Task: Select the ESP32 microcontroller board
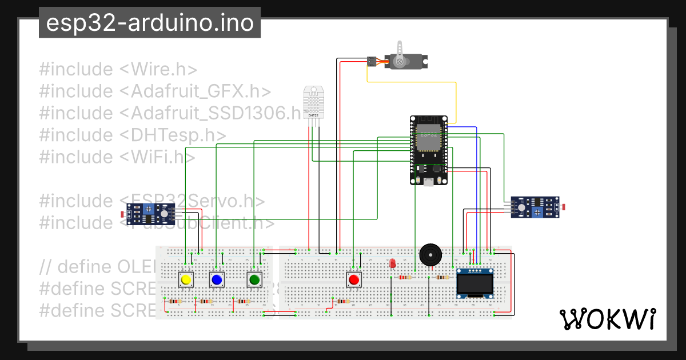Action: pos(428,150)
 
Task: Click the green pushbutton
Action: pos(254,279)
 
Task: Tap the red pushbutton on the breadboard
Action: pos(354,279)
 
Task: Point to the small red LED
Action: pos(392,264)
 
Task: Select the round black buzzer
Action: pos(430,254)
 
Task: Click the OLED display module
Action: pos(474,283)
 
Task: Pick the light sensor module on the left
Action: pos(150,214)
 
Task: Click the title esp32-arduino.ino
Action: pos(150,23)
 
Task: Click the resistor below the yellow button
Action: pos(174,301)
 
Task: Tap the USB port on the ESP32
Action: pos(428,182)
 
